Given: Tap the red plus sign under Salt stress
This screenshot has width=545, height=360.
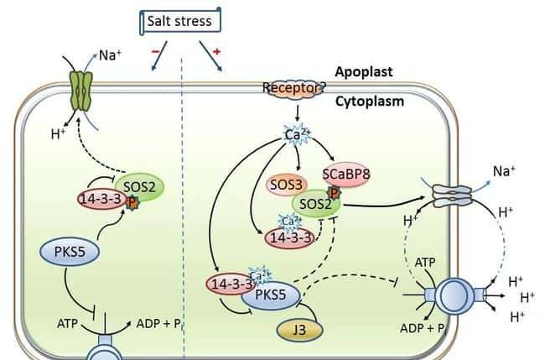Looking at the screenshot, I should tap(217, 52).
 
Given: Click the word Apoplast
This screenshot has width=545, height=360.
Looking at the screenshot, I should tap(365, 72).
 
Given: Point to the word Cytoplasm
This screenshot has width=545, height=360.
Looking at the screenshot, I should tap(370, 101).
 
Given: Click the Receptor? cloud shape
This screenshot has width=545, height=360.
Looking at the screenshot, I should tap(293, 87).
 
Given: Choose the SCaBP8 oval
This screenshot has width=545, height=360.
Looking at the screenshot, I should tap(346, 175).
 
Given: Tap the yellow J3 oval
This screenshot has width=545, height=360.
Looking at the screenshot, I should tap(298, 329).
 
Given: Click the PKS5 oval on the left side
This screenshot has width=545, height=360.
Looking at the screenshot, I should tap(71, 251).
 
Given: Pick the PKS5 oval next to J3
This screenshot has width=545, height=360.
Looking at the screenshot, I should tap(270, 294).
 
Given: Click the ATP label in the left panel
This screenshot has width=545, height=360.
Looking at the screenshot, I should tap(68, 322).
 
